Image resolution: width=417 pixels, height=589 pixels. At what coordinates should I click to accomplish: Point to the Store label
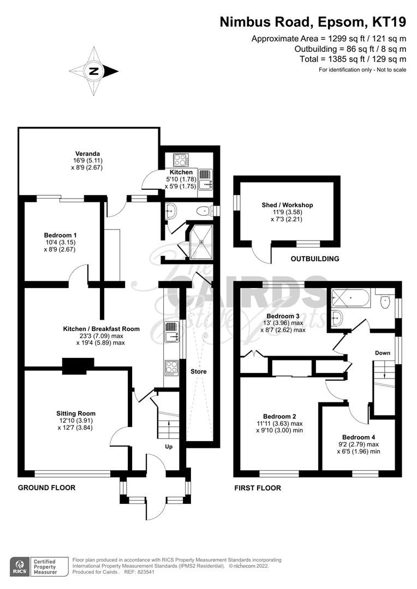click(198, 371)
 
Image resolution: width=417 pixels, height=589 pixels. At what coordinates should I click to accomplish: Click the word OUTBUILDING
click(315, 259)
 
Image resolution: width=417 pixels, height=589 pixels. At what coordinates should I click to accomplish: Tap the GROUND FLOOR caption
click(46, 487)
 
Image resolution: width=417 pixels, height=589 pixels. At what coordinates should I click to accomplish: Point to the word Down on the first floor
click(383, 353)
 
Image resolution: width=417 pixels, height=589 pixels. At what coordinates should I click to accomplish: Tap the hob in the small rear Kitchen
click(181, 160)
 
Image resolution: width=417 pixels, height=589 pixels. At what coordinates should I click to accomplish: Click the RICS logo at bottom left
click(21, 566)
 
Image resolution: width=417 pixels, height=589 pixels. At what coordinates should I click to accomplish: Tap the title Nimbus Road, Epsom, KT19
click(313, 22)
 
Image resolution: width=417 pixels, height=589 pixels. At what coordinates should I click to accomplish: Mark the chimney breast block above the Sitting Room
click(78, 366)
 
